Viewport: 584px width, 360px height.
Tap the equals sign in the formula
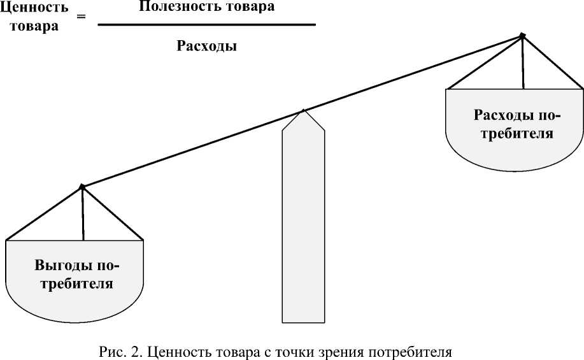point(81,17)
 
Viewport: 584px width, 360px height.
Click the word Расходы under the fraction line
point(206,46)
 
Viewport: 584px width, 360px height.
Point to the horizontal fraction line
point(207,25)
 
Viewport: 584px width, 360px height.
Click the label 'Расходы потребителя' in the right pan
point(516,125)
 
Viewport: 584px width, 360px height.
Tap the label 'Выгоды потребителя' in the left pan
point(76,274)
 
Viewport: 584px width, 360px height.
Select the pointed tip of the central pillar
point(304,111)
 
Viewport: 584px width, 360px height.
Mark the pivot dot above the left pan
point(82,187)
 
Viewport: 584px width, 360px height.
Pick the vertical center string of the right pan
point(523,64)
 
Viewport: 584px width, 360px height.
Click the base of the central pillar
point(303,319)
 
